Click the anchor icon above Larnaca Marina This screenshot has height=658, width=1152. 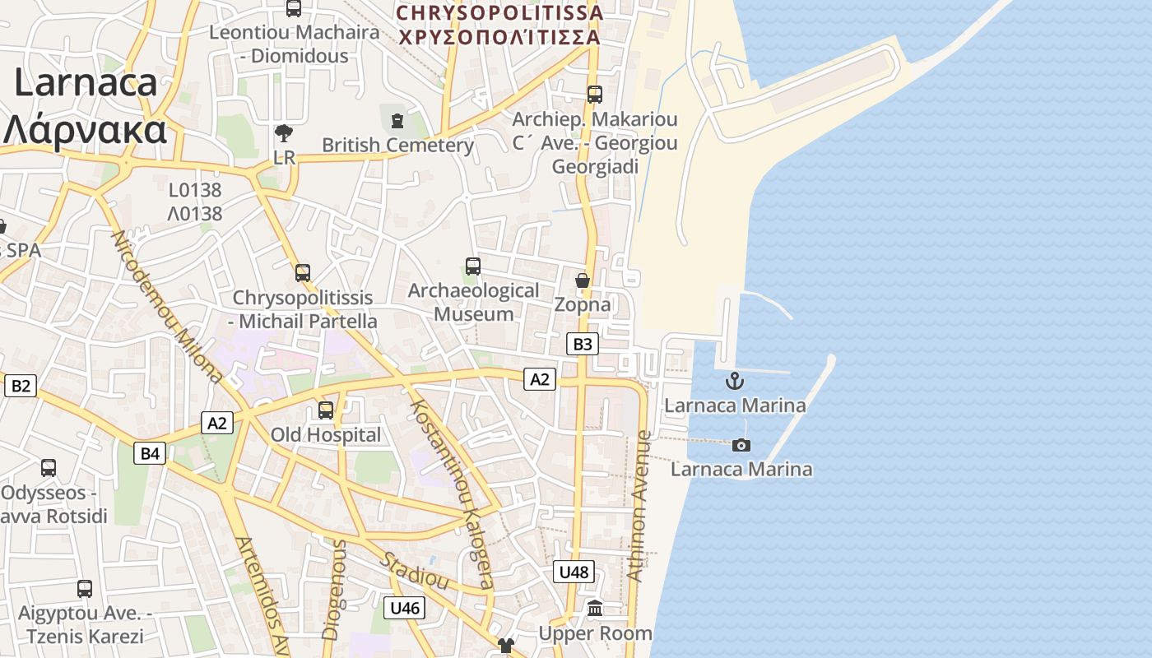point(734,381)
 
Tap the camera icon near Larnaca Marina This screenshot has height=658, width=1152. point(741,445)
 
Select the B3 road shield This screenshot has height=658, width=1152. point(583,344)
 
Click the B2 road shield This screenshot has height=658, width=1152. point(21,385)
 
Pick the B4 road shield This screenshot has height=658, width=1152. point(150,452)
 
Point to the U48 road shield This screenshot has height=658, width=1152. point(574,572)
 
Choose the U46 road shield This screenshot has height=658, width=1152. point(405,608)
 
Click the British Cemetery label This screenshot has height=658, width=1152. point(397,146)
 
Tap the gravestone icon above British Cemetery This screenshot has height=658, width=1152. point(397,121)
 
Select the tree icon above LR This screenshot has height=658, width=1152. point(284,132)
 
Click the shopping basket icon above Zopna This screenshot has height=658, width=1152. point(583,281)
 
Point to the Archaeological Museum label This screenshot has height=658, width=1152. point(473,302)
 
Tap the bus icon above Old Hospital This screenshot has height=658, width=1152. point(326,410)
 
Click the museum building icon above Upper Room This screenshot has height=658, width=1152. point(595,609)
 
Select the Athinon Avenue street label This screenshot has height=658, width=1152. point(639,506)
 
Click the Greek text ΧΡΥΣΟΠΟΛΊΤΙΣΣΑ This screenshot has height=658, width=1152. point(499,37)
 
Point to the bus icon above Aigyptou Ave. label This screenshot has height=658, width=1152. point(85,589)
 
